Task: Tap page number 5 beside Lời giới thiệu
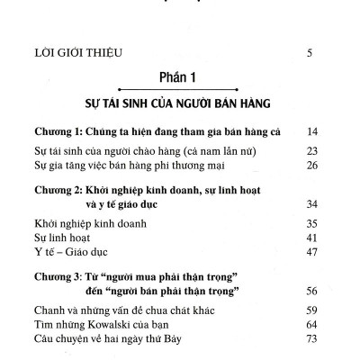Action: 310,53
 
